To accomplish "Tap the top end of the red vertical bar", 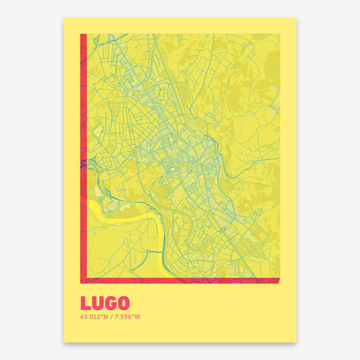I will coord(82,35).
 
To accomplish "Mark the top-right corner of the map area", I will coord(280,34).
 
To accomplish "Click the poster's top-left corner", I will coord(64,18).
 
